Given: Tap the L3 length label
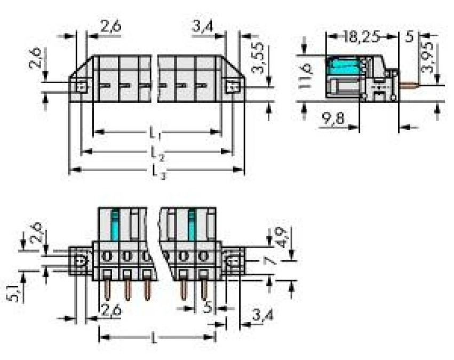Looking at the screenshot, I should pos(157,171).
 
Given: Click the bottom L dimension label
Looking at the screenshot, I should pos(155,338).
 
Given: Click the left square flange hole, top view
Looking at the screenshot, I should pos(81,86).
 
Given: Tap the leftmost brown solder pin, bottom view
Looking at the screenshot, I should pos(107,289).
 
